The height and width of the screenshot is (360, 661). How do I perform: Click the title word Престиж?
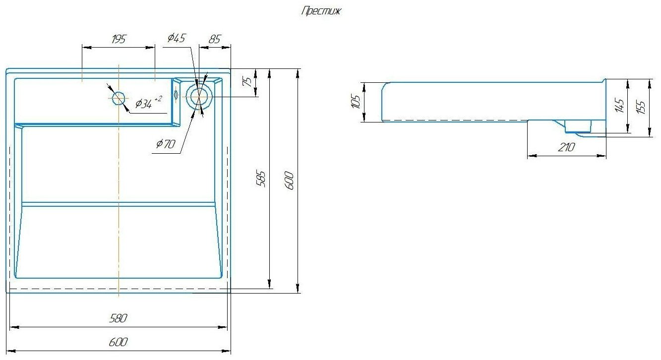pyautogui.click(x=321, y=11)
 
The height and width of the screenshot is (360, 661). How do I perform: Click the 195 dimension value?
pyautogui.click(x=119, y=39)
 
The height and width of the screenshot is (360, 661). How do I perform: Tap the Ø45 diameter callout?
pyautogui.click(x=177, y=38)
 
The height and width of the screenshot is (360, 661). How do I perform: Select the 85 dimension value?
pyautogui.click(x=215, y=39)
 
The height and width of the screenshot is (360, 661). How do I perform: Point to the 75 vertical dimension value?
pyautogui.click(x=247, y=82)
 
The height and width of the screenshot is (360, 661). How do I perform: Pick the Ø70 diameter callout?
pyautogui.click(x=166, y=144)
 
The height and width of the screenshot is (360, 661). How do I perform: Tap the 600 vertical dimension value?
pyautogui.click(x=290, y=180)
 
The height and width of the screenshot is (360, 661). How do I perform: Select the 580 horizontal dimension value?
pyautogui.click(x=118, y=318)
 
